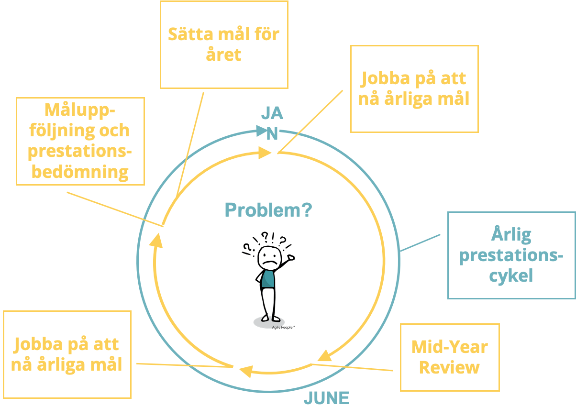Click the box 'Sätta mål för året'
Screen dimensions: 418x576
224,44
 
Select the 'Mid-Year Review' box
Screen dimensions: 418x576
449,357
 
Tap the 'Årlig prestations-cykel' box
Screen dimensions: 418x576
511,255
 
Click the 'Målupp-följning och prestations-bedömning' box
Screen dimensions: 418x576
80,141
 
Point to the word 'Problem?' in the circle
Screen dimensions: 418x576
268,210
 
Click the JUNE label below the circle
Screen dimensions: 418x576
327,398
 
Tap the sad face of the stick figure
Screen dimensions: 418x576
269,259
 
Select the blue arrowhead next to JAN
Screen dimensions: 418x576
261,130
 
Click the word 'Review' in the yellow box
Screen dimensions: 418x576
449,367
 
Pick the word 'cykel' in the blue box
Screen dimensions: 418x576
511,276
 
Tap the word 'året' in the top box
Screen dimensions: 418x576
223,55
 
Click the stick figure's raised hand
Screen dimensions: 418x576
291,258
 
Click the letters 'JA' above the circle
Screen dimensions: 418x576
272,114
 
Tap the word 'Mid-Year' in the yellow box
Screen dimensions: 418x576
449,347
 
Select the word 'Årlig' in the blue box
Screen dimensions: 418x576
511,235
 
